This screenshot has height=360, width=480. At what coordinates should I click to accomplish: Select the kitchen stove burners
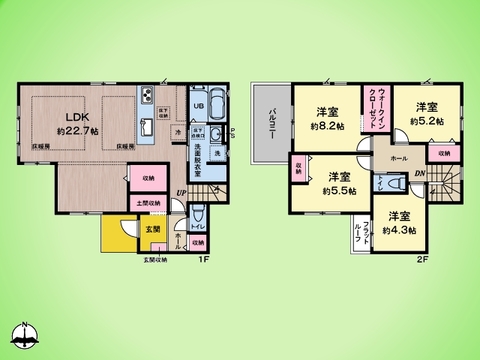pos(146,96)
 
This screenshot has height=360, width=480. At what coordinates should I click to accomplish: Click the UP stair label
pos(180,193)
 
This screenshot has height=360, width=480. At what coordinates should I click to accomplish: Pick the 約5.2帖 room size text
pos(425,121)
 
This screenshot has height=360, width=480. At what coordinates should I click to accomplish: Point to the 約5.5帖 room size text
pos(339,190)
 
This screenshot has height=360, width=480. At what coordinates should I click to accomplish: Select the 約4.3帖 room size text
pos(398,230)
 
